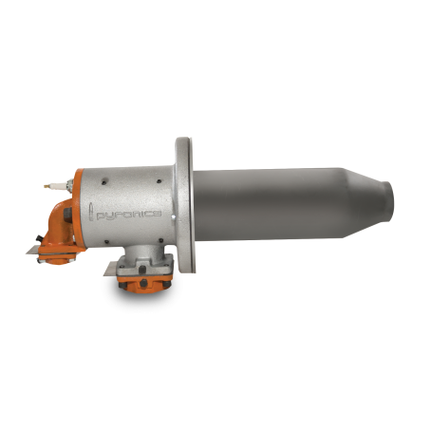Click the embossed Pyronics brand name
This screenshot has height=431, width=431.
coord(129,215)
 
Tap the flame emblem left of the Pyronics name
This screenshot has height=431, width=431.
coord(91,212)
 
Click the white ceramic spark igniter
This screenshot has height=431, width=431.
coord(58,184)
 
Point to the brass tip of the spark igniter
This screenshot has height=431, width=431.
coord(47,186)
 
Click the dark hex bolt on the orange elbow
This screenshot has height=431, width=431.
coord(67,214)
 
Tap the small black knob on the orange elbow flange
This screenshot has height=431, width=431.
coord(39,238)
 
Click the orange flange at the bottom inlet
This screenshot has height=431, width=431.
coord(145,284)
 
